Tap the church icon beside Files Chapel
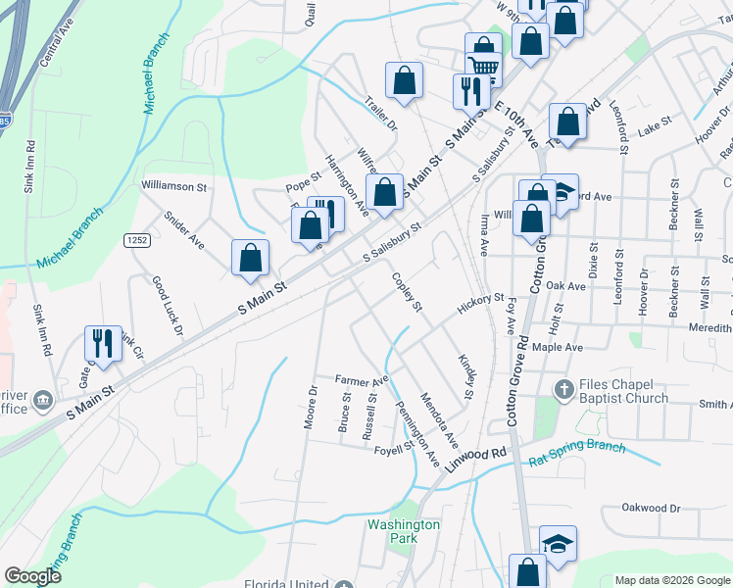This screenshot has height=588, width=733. click(563, 390)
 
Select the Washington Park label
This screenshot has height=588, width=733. click(404, 531)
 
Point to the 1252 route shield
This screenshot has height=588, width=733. click(136, 240)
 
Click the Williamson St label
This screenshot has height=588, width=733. click(174, 185)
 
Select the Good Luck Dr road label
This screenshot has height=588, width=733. click(167, 304)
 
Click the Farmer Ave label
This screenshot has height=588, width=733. click(362, 379)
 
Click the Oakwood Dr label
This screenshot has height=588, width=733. click(652, 508)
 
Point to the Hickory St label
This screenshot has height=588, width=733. click(479, 306)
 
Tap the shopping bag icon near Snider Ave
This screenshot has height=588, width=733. click(251, 258)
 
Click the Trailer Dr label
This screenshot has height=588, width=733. click(380, 113)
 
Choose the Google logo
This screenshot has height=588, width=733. click(32, 576)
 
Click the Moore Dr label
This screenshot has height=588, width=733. click(313, 403)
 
